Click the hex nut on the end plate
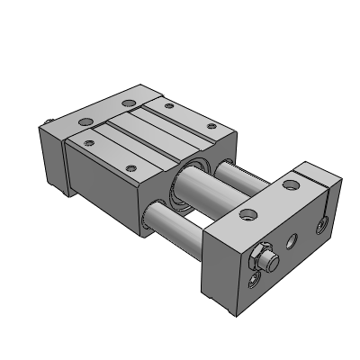click(x=260, y=259)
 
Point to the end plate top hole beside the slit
click(x=290, y=185)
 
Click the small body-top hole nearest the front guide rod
click(x=130, y=167)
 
